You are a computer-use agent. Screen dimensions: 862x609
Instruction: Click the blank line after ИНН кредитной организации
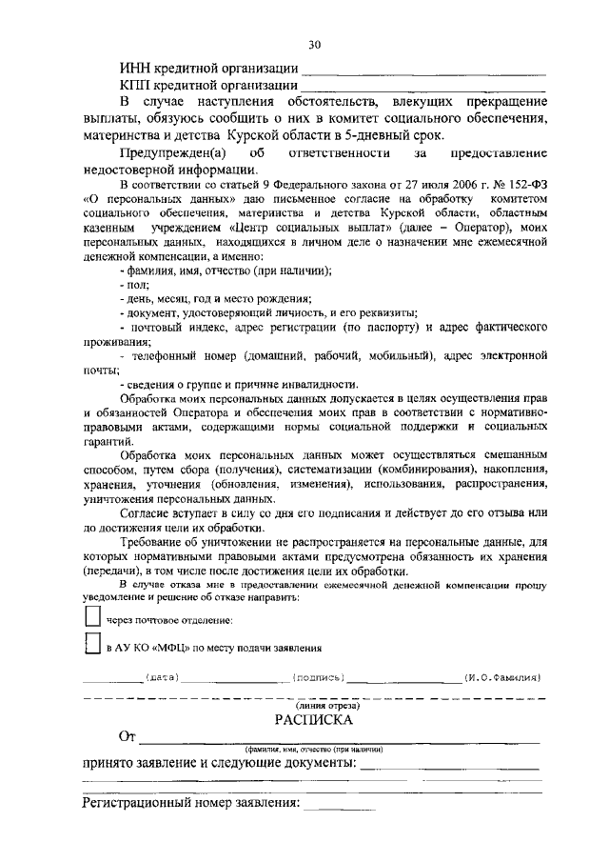pos(422,73)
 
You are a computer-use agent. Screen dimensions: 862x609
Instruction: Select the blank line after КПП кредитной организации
pos(422,90)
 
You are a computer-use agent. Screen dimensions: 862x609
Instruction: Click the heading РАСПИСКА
pos(313,719)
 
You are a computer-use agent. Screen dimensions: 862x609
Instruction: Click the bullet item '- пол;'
pos(128,284)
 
